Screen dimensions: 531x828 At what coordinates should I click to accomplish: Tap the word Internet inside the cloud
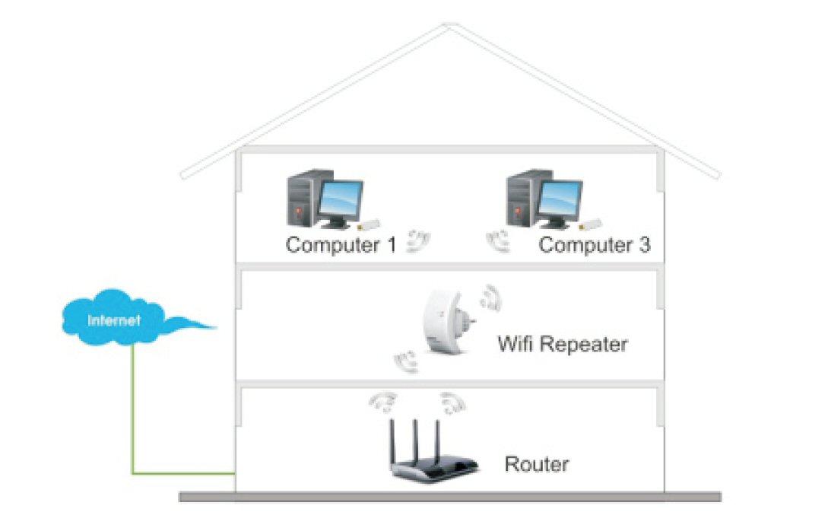point(114,320)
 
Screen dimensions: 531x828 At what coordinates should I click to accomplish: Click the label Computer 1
point(341,246)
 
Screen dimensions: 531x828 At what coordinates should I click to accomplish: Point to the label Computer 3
point(595,246)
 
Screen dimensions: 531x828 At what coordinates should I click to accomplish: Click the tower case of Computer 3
point(522,199)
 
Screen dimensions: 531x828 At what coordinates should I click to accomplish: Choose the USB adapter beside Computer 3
point(588,224)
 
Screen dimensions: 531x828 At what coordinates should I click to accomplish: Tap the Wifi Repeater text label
point(563,344)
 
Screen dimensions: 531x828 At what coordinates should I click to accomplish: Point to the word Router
point(537,463)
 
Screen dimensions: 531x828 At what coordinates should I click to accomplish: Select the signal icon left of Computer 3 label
point(499,240)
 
